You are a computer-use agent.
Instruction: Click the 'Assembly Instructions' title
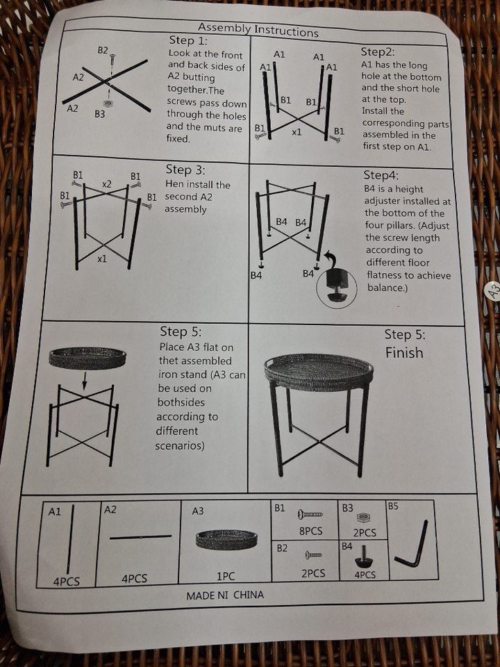tap(258, 30)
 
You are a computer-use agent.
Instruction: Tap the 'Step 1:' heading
tap(188, 40)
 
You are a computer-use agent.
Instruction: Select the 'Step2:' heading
tap(378, 52)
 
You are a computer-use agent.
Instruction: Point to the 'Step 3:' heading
tap(185, 170)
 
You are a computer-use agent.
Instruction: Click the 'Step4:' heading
tap(381, 175)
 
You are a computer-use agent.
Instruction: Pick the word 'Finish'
tap(404, 353)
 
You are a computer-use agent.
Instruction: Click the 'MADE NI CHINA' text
tap(225, 595)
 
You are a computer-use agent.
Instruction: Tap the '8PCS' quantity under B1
tap(311, 531)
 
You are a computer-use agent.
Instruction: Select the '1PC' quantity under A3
tap(226, 577)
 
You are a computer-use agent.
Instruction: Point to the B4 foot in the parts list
tap(363, 557)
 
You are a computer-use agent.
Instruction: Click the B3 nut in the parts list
tap(362, 518)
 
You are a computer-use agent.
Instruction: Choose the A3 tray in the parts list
tap(226, 539)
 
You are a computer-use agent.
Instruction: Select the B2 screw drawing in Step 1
tap(112, 59)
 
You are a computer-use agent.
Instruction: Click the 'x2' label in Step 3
tap(107, 184)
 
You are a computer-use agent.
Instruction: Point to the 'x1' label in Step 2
tap(297, 132)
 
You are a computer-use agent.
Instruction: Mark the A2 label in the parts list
tap(110, 509)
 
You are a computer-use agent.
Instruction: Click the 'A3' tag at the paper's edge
tap(494, 292)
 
